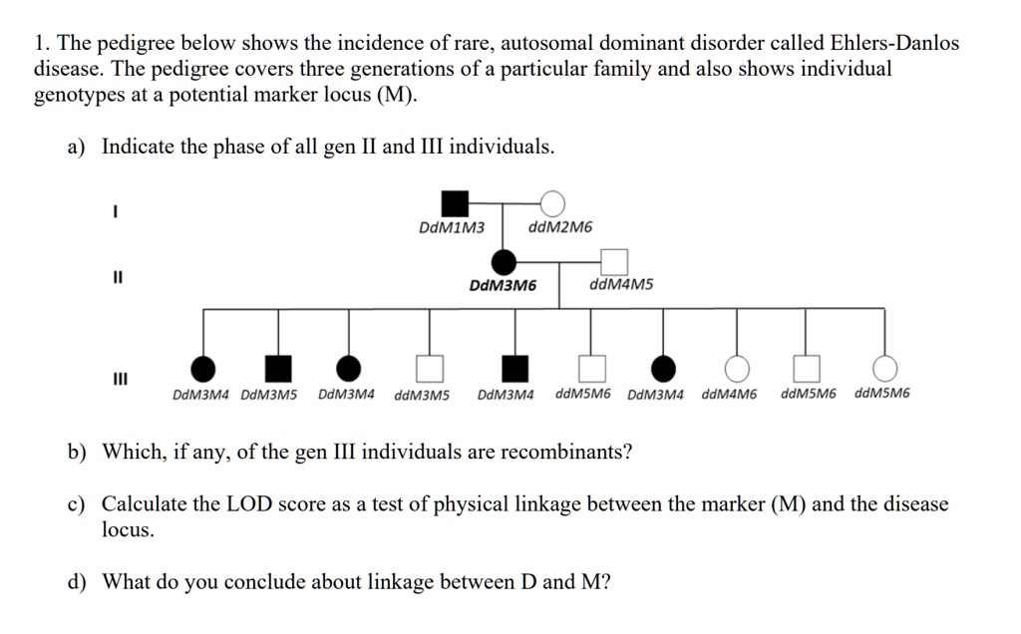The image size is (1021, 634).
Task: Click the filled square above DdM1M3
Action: click(x=455, y=202)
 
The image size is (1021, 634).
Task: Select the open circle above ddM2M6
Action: click(x=552, y=202)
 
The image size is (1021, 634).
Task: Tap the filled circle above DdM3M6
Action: click(x=506, y=262)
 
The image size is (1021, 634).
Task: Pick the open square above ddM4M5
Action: click(x=615, y=262)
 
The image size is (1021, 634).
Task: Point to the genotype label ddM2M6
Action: click(x=560, y=227)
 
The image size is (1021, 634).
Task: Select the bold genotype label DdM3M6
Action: click(x=503, y=286)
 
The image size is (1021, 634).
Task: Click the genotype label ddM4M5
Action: click(x=622, y=285)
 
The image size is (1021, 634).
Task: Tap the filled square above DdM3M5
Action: click(x=278, y=369)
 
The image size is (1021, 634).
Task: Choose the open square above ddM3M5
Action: click(x=430, y=369)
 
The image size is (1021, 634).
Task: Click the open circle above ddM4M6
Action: click(x=737, y=369)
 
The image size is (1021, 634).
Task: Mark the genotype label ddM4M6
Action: click(x=729, y=394)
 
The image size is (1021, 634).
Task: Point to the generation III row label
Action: click(x=119, y=380)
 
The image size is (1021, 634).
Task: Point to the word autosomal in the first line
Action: click(x=544, y=44)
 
